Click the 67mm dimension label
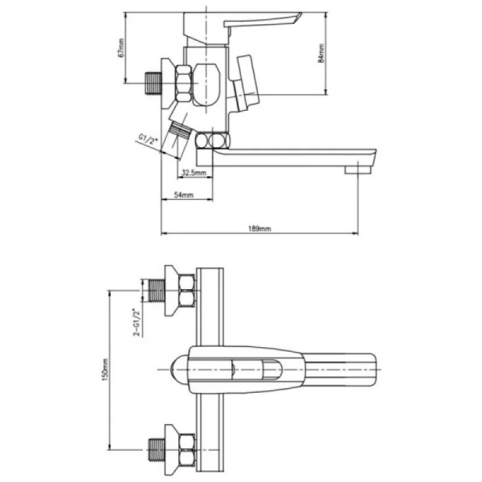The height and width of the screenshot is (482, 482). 120,47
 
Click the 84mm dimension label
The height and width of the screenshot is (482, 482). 321,53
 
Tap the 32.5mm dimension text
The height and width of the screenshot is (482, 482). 194,172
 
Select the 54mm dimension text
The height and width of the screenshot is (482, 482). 184,194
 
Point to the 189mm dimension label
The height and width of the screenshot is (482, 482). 259,228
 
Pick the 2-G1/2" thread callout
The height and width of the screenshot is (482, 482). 137,322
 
